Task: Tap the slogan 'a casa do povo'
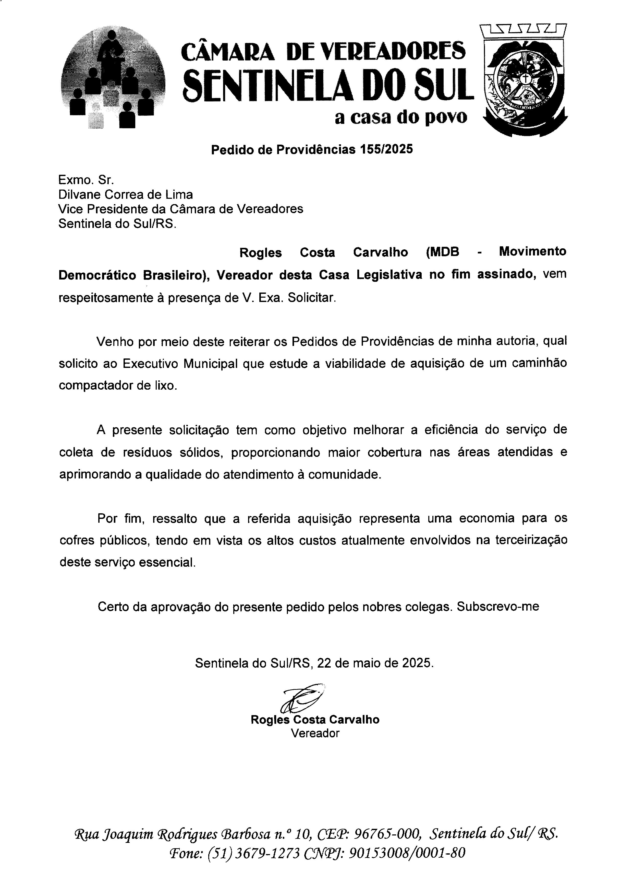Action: [x=400, y=117]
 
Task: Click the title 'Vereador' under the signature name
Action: [x=315, y=733]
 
